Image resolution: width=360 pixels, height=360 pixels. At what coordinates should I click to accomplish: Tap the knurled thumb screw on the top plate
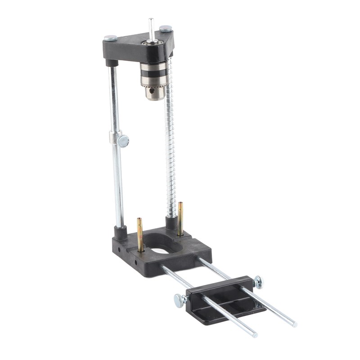click(x=166, y=28)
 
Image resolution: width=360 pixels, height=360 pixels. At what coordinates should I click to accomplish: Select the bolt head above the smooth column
click(x=110, y=38)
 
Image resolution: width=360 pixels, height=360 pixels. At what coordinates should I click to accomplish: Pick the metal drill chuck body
click(x=153, y=79)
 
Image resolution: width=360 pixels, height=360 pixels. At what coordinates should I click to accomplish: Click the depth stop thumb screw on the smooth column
click(x=122, y=140)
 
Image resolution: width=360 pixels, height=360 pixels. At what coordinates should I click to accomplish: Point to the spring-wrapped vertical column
click(x=170, y=148)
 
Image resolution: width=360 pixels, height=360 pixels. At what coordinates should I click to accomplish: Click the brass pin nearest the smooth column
click(x=140, y=234)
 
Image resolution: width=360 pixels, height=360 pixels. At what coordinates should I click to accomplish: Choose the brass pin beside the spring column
click(x=180, y=219)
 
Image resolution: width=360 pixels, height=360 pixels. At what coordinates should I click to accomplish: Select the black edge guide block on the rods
click(x=225, y=297)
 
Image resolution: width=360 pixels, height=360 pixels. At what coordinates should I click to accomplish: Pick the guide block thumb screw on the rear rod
click(x=257, y=282)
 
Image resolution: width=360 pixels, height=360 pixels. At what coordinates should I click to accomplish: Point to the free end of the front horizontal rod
click(x=254, y=334)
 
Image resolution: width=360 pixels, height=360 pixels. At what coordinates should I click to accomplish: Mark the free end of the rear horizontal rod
click(x=294, y=324)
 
